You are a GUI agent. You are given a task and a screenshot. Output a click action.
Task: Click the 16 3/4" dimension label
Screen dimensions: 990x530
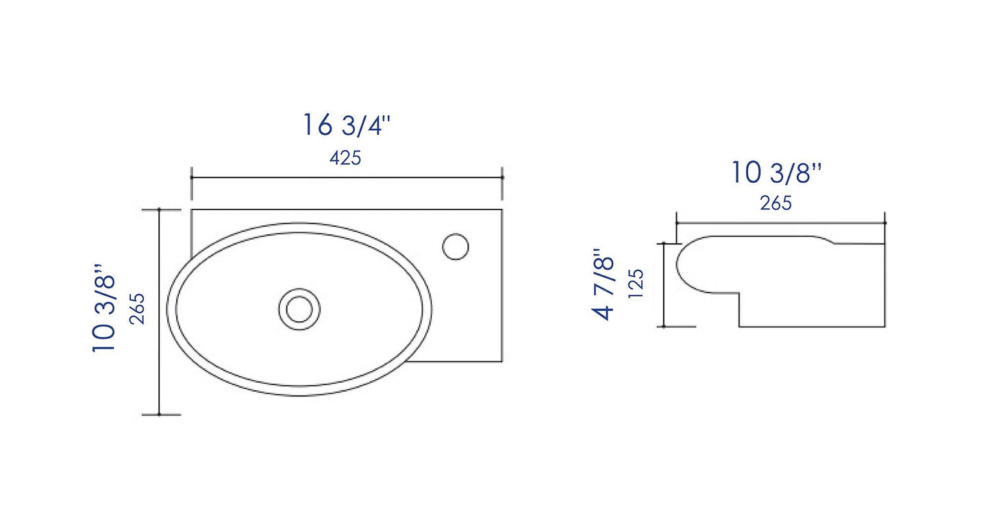point(347,125)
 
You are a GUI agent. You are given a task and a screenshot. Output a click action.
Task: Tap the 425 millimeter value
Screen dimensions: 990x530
point(345,158)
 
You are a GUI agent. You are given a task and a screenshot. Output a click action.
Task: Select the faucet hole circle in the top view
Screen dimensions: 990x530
point(455,247)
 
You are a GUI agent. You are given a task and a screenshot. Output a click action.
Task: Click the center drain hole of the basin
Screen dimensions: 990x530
point(299,310)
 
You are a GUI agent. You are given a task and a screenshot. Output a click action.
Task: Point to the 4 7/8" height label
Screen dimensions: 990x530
point(604,284)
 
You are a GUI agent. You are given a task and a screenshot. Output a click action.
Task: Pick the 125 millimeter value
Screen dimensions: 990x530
point(636,283)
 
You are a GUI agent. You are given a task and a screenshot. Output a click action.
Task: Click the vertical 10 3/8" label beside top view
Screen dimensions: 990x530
point(103,308)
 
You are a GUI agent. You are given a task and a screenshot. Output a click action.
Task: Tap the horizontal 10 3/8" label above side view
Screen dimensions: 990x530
point(776,173)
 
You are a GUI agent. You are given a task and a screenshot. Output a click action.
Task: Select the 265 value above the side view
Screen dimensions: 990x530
point(776,203)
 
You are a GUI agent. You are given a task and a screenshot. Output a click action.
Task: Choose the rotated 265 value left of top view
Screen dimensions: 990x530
point(137,309)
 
